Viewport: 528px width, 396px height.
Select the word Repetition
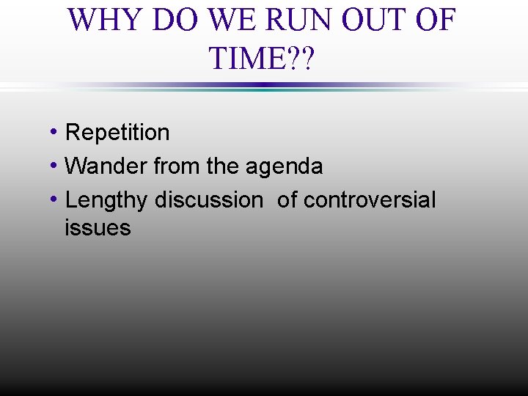click(x=117, y=133)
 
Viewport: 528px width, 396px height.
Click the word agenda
click(x=284, y=166)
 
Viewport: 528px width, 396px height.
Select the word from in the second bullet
click(x=177, y=166)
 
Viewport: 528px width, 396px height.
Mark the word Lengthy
click(x=107, y=200)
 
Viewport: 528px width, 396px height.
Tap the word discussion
click(x=208, y=199)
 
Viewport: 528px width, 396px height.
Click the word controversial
click(x=370, y=199)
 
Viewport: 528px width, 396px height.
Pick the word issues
click(x=98, y=228)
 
